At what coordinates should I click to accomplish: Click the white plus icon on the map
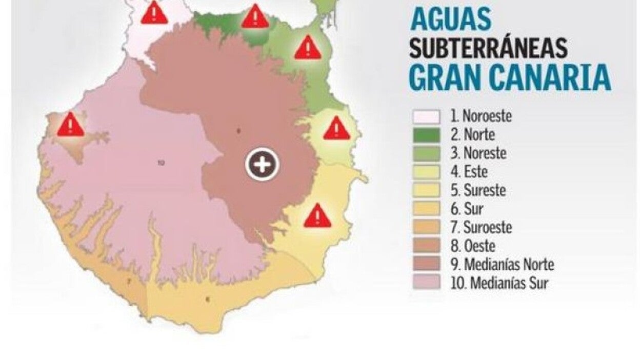(263, 165)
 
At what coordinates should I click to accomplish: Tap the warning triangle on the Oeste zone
(70, 125)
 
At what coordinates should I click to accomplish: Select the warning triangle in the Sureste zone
(317, 216)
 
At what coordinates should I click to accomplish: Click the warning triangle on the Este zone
(336, 129)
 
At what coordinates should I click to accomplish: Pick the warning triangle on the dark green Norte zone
(255, 17)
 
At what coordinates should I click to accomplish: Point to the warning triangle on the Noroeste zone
(154, 13)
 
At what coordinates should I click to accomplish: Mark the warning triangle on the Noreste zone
(307, 48)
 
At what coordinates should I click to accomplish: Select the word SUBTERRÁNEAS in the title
(488, 49)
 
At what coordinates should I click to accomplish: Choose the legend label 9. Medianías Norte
(503, 265)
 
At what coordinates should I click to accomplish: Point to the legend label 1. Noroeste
(481, 116)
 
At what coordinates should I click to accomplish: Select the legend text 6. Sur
(466, 209)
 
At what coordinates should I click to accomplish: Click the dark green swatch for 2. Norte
(426, 135)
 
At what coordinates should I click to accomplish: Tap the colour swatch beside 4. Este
(426, 172)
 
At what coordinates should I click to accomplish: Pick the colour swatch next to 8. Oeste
(426, 246)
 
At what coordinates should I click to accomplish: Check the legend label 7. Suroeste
(481, 227)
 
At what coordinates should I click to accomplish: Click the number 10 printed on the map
(161, 163)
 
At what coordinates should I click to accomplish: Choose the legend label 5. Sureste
(478, 190)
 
